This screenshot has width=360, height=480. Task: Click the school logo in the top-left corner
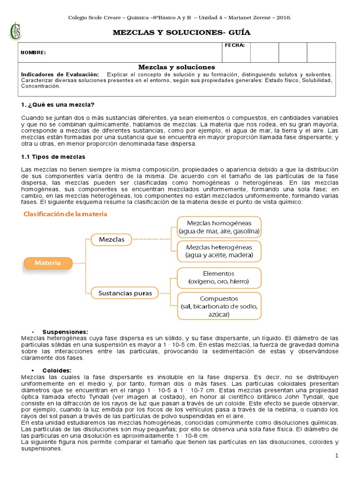(17, 31)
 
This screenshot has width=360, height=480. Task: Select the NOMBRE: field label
(33, 52)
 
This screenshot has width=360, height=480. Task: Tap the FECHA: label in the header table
(235, 45)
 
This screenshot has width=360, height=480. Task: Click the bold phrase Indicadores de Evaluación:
(60, 75)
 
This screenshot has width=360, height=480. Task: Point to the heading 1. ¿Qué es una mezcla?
(58, 104)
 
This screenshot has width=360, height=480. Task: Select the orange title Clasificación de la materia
(66, 214)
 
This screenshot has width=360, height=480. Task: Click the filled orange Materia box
(48, 263)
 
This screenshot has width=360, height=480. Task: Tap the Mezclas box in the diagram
(112, 240)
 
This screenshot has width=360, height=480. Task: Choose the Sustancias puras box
(125, 293)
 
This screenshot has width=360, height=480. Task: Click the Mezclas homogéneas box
(219, 227)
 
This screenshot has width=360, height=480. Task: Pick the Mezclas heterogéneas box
(219, 251)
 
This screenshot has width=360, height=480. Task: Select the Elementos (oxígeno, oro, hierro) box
(219, 277)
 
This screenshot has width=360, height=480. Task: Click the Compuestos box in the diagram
(219, 306)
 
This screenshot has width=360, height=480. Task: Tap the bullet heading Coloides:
(58, 370)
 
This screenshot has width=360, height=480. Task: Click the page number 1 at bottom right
(337, 456)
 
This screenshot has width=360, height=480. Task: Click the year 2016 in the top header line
(283, 17)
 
